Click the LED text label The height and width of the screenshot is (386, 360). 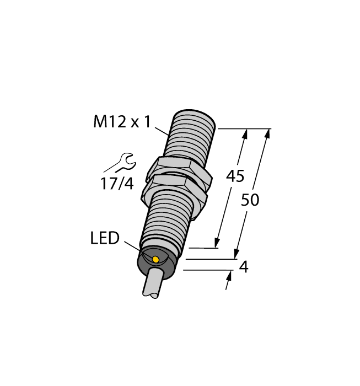(x=104, y=238)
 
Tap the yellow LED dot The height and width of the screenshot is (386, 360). (x=155, y=259)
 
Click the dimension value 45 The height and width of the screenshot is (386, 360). (x=235, y=176)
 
